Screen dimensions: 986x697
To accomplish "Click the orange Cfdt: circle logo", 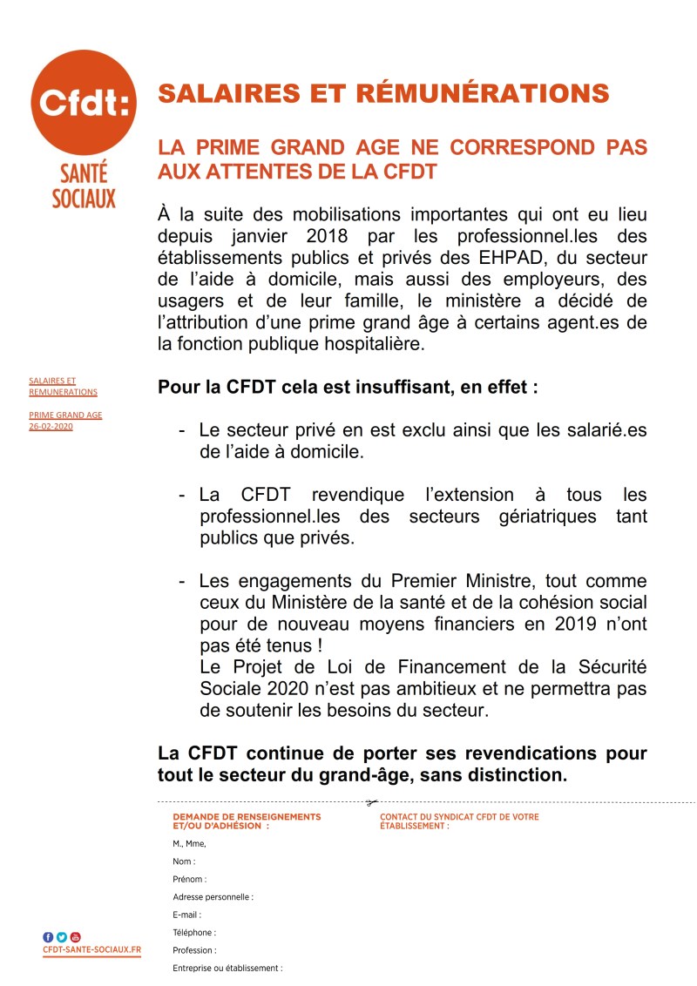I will (x=85, y=102).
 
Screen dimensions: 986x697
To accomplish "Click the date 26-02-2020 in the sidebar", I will (x=51, y=426).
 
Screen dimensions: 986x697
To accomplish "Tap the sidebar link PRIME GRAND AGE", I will (x=65, y=415).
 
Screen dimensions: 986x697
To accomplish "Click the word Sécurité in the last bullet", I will (x=610, y=667).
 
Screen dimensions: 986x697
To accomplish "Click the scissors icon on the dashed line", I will (x=372, y=802).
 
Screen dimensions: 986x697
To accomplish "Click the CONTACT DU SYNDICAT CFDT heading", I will (x=459, y=817).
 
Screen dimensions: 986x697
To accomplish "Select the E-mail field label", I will (x=186, y=915).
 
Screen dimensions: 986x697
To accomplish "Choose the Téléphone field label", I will (x=194, y=932).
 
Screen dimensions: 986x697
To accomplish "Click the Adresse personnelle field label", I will (x=213, y=896).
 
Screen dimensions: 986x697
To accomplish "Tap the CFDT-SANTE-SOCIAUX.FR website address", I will (x=91, y=949).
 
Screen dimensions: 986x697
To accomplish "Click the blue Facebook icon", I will (x=48, y=936).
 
